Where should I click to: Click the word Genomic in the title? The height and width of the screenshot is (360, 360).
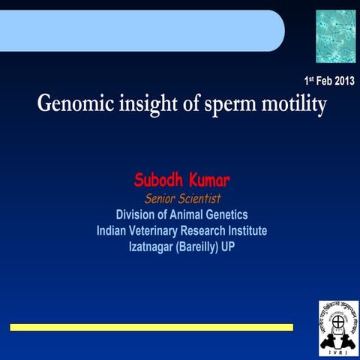[72, 104]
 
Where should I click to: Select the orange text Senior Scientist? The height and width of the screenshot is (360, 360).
[181, 199]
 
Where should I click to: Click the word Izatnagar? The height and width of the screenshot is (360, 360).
[152, 245]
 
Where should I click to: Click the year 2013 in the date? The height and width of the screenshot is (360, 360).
[340, 80]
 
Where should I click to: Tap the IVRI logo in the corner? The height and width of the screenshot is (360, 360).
[338, 327]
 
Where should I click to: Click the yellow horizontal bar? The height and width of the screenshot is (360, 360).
[151, 327]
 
